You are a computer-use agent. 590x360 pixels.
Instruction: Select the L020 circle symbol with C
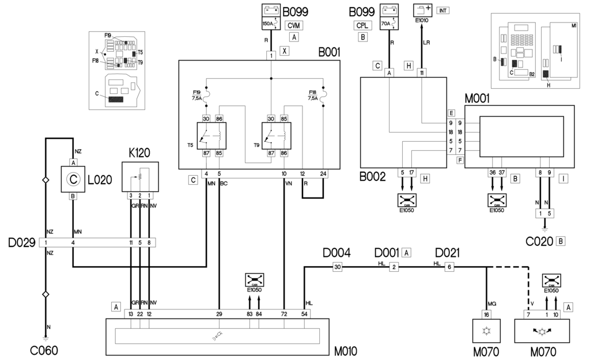coord(73,180)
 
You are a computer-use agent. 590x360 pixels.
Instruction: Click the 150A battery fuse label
coord(268,24)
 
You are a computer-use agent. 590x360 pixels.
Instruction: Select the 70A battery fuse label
coord(386,24)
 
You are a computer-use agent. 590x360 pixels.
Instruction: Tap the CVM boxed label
coord(294,26)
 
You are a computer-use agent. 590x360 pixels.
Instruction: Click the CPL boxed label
coord(362,26)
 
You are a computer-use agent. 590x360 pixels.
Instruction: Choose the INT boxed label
coord(443,10)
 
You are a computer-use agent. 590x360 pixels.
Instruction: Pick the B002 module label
coord(373,176)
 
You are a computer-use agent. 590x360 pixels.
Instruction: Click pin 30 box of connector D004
coord(338,266)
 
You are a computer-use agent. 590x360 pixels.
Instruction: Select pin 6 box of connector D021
coord(450,266)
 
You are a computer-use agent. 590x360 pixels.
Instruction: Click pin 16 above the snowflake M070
coord(486,314)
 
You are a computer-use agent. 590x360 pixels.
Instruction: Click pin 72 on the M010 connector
coord(284,314)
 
